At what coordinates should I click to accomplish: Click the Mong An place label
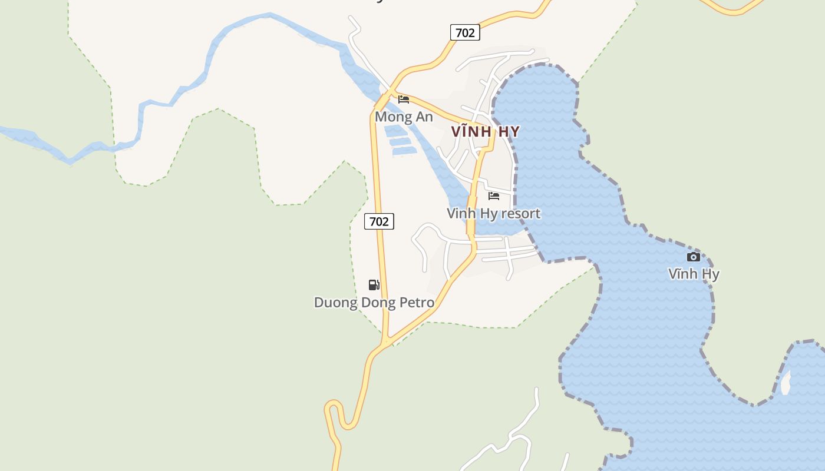pos(404,117)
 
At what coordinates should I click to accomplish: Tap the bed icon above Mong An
pos(404,99)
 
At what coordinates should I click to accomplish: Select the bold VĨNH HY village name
pos(486,131)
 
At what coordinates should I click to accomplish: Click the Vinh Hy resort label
pos(493,213)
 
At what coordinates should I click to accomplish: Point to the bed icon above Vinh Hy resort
pos(494,195)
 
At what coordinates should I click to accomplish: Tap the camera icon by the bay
pos(694,257)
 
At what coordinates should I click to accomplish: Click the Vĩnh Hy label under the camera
pos(694,274)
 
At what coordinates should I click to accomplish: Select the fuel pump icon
pos(374,285)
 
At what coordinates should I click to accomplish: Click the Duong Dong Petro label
pos(374,303)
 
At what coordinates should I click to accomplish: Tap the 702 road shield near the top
pos(465,32)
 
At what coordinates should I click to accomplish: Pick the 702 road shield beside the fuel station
pos(379,221)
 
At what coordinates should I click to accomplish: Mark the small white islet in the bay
pos(786,383)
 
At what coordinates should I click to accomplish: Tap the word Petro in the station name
pos(415,303)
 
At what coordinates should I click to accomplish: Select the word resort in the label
pos(520,213)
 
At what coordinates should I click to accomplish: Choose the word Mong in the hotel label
pos(391,117)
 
